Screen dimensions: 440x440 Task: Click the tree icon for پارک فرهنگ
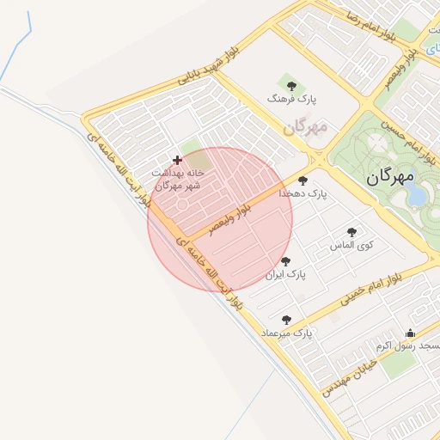coord(291,86)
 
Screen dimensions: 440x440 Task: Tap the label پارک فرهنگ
coord(291,100)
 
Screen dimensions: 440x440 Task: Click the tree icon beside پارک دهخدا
coord(302,180)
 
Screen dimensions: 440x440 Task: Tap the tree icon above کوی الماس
coord(351,232)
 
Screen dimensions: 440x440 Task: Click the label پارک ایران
coord(285,275)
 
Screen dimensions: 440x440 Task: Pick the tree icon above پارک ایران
coord(286,261)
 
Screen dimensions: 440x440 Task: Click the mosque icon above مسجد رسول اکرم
coord(411,333)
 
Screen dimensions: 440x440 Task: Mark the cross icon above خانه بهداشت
coord(178,160)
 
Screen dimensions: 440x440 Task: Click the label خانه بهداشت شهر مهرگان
coord(177,179)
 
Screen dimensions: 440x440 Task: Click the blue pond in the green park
coord(417,197)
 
